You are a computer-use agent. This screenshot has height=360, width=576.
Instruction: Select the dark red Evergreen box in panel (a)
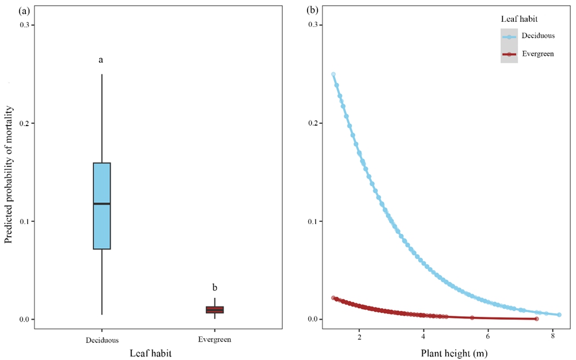[214, 310]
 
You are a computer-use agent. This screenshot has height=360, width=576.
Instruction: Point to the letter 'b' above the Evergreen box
[214, 287]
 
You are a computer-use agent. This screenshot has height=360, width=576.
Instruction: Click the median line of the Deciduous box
[101, 204]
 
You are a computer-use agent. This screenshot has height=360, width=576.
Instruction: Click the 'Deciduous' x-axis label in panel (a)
[101, 340]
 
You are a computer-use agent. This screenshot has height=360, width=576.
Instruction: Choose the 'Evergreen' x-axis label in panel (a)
[214, 340]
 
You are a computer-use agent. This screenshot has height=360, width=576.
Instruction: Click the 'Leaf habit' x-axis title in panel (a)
[158, 351]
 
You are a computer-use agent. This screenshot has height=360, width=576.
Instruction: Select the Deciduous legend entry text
[538, 36]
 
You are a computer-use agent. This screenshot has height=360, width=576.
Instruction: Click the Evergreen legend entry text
[538, 54]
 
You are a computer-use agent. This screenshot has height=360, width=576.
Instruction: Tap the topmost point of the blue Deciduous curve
[333, 74]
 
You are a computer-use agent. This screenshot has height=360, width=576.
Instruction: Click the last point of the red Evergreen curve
[536, 319]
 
